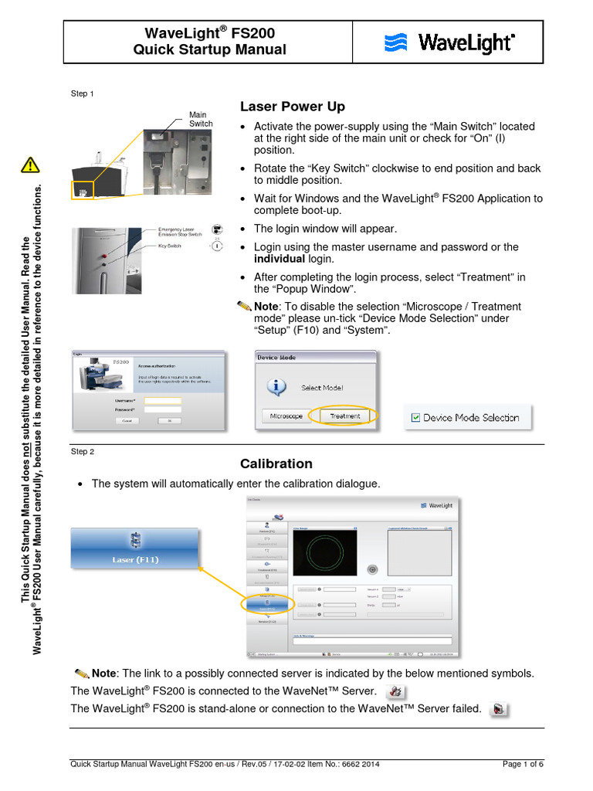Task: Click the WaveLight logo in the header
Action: pyautogui.click(x=449, y=42)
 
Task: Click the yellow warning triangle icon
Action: pyautogui.click(x=30, y=165)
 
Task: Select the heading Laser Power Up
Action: pyautogui.click(x=293, y=107)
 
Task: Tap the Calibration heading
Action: pyautogui.click(x=276, y=464)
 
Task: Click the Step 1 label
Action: pyautogui.click(x=83, y=93)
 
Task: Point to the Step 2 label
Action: pyautogui.click(x=83, y=451)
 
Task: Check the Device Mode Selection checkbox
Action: pyautogui.click(x=415, y=417)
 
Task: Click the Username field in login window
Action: pyautogui.click(x=162, y=401)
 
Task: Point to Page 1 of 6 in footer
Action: pyautogui.click(x=523, y=765)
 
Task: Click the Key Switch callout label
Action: pyautogui.click(x=169, y=245)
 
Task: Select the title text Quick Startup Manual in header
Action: pyautogui.click(x=209, y=50)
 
